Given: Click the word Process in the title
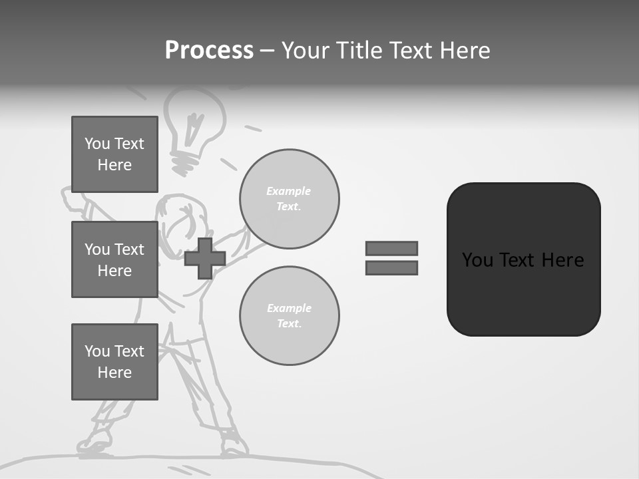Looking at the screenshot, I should tap(209, 51).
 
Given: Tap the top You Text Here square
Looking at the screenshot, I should tap(114, 154).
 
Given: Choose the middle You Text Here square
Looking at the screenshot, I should tap(114, 259).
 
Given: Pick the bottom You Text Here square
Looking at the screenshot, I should tap(114, 362).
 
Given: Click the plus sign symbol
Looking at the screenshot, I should tap(205, 259).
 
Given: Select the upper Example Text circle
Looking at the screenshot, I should tap(290, 199).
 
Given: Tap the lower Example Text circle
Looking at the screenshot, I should tap(290, 316).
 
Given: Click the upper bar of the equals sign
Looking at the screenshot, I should tap(391, 248).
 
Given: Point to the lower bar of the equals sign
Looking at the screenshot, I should tap(391, 268).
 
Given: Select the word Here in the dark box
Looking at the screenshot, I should tap(562, 260).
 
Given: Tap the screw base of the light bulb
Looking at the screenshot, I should tap(186, 160).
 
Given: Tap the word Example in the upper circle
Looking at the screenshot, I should tap(289, 191).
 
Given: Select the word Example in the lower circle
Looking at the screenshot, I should tap(289, 308).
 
